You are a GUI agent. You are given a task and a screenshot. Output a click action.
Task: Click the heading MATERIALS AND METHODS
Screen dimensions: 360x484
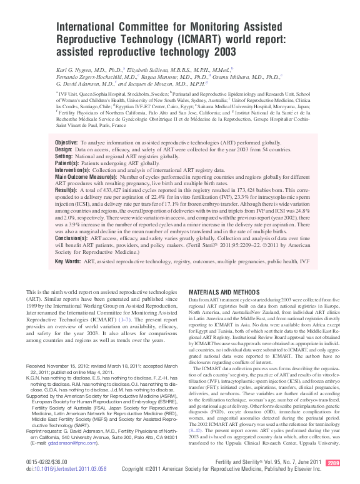(x=224, y=292)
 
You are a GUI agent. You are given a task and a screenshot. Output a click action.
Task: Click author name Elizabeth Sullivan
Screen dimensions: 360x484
(x=152, y=70)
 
